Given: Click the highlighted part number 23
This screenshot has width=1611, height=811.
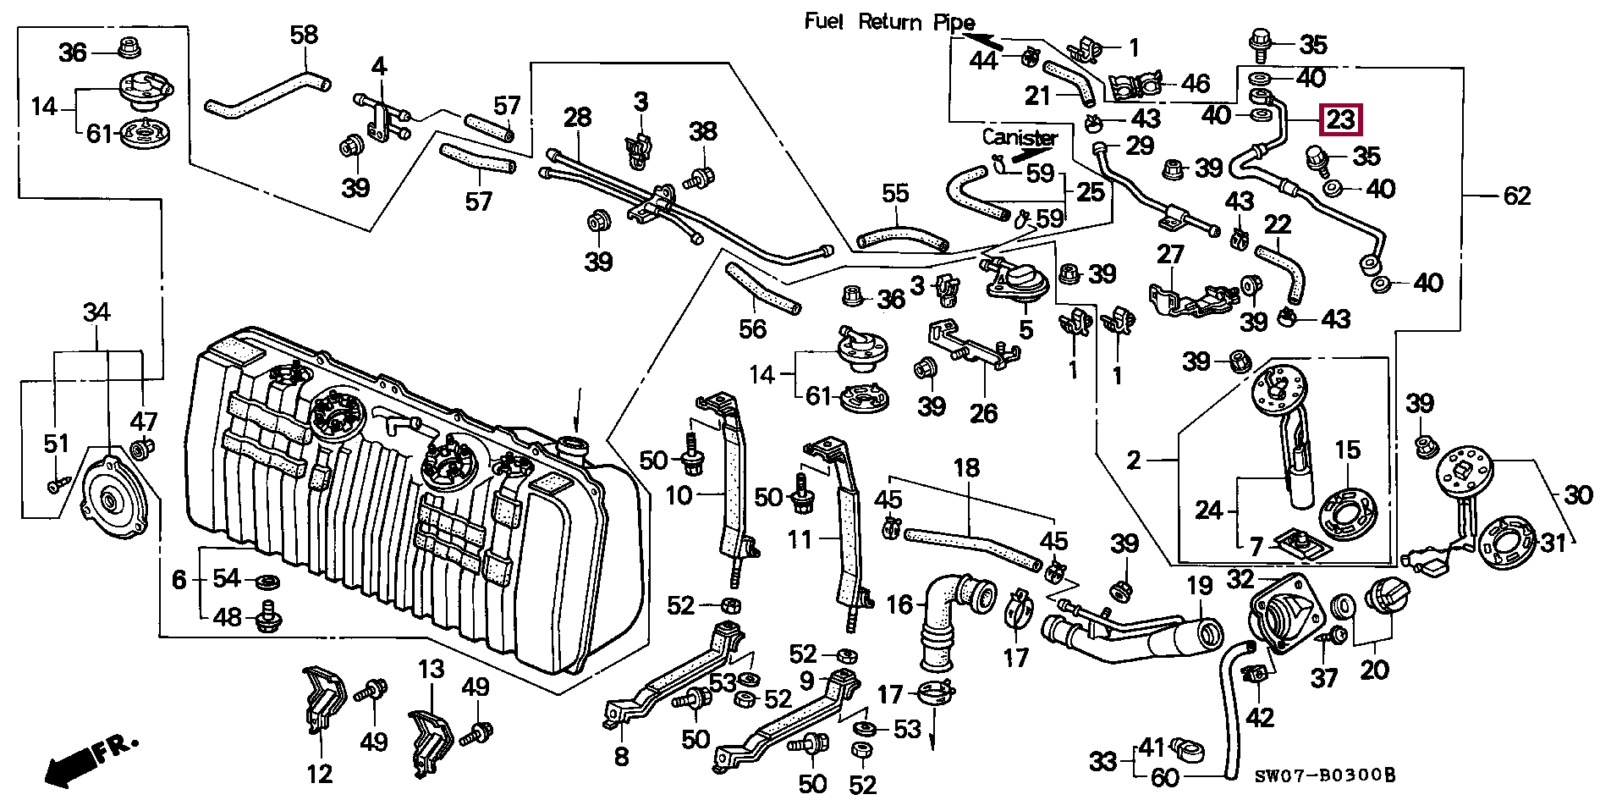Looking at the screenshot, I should coord(1340,119).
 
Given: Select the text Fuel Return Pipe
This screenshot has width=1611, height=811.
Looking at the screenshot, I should coord(888,22).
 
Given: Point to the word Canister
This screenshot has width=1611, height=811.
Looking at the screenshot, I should coord(1020,137).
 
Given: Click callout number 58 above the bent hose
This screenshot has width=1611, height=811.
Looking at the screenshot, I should coord(304,35).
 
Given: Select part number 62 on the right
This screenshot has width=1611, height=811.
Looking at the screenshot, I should coord(1517,196).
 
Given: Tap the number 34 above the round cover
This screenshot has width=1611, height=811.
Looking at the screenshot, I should coord(96,312).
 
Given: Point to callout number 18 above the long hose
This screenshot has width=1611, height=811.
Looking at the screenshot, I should coord(966,467).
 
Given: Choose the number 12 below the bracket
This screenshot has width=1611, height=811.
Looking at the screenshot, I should coord(320,774).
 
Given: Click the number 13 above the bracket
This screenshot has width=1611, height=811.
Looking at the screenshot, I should coord(431,670).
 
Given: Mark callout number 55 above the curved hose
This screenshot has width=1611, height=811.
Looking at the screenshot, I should coord(895,194).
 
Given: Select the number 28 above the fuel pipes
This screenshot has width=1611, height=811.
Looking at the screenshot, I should coord(577,117).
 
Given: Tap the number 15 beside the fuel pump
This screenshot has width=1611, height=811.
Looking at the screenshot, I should coord(1348,450).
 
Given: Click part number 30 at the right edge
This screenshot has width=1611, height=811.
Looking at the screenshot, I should coord(1577,494).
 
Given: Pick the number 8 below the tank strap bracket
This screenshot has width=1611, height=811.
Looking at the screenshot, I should coord(621,756).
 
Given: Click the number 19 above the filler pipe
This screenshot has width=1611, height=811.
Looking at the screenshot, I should coord(1200,586).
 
